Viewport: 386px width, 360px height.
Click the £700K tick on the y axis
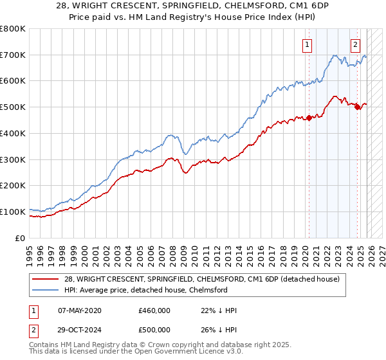(x=13, y=55)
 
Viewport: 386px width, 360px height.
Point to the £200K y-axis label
(x=13, y=186)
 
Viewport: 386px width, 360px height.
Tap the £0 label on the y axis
(x=21, y=238)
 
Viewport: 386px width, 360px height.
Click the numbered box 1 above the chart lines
(x=308, y=45)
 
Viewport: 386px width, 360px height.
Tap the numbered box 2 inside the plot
(x=355, y=45)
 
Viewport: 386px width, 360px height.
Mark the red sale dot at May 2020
(x=309, y=118)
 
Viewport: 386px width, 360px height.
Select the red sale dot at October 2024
(x=358, y=107)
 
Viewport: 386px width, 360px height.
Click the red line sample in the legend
(x=45, y=279)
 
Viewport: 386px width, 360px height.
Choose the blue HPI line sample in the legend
(x=45, y=290)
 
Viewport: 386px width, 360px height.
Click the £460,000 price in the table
(x=154, y=310)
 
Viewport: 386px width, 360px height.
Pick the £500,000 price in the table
(x=154, y=328)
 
